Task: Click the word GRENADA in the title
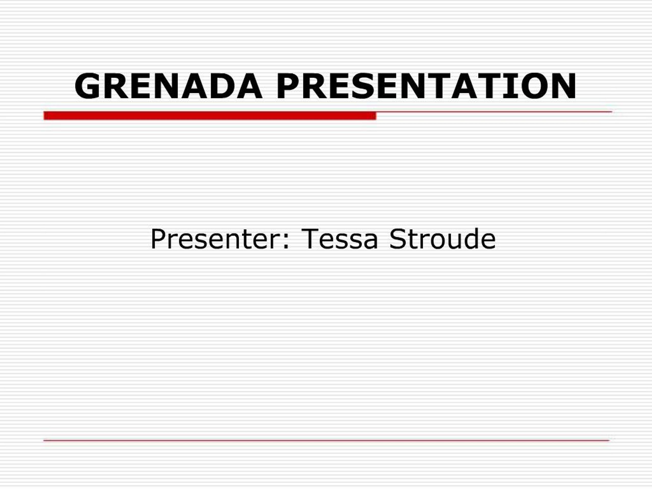pos(168,86)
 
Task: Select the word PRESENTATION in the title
pos(426,86)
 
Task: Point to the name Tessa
pos(339,239)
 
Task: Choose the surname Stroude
pos(442,239)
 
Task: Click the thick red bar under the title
pos(210,116)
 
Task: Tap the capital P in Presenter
pos(158,239)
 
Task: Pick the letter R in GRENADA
pos(116,86)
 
